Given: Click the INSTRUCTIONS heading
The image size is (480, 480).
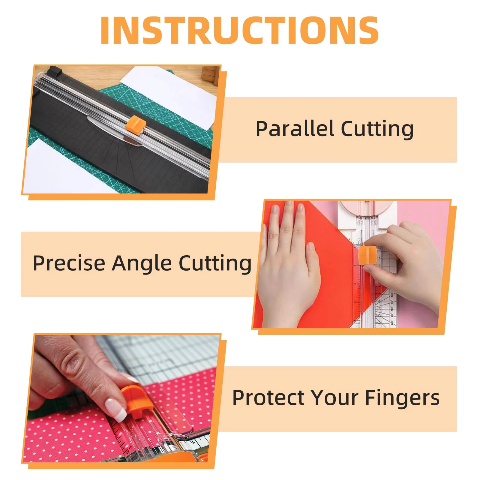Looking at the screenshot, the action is [239, 31].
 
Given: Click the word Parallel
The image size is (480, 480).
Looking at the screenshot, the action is [295, 129].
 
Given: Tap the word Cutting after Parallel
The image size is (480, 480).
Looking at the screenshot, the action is [377, 129].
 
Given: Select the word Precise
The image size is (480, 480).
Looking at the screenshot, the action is [69, 263].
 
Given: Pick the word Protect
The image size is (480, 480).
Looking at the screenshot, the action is [268, 398].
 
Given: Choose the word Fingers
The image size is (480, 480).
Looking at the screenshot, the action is [402, 398].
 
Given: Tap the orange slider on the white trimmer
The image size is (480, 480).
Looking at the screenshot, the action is [366, 255].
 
